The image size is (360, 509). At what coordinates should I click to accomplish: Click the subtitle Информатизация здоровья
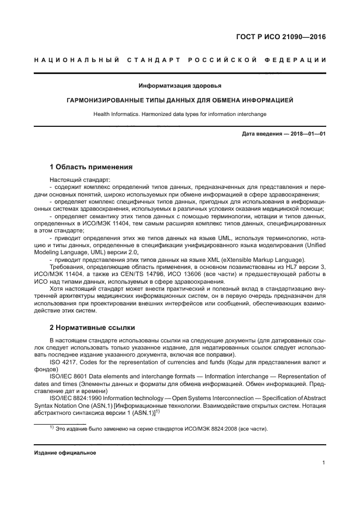180,85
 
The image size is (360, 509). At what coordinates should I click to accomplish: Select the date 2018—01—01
308,133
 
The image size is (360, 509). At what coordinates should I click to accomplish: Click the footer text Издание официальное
65,452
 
